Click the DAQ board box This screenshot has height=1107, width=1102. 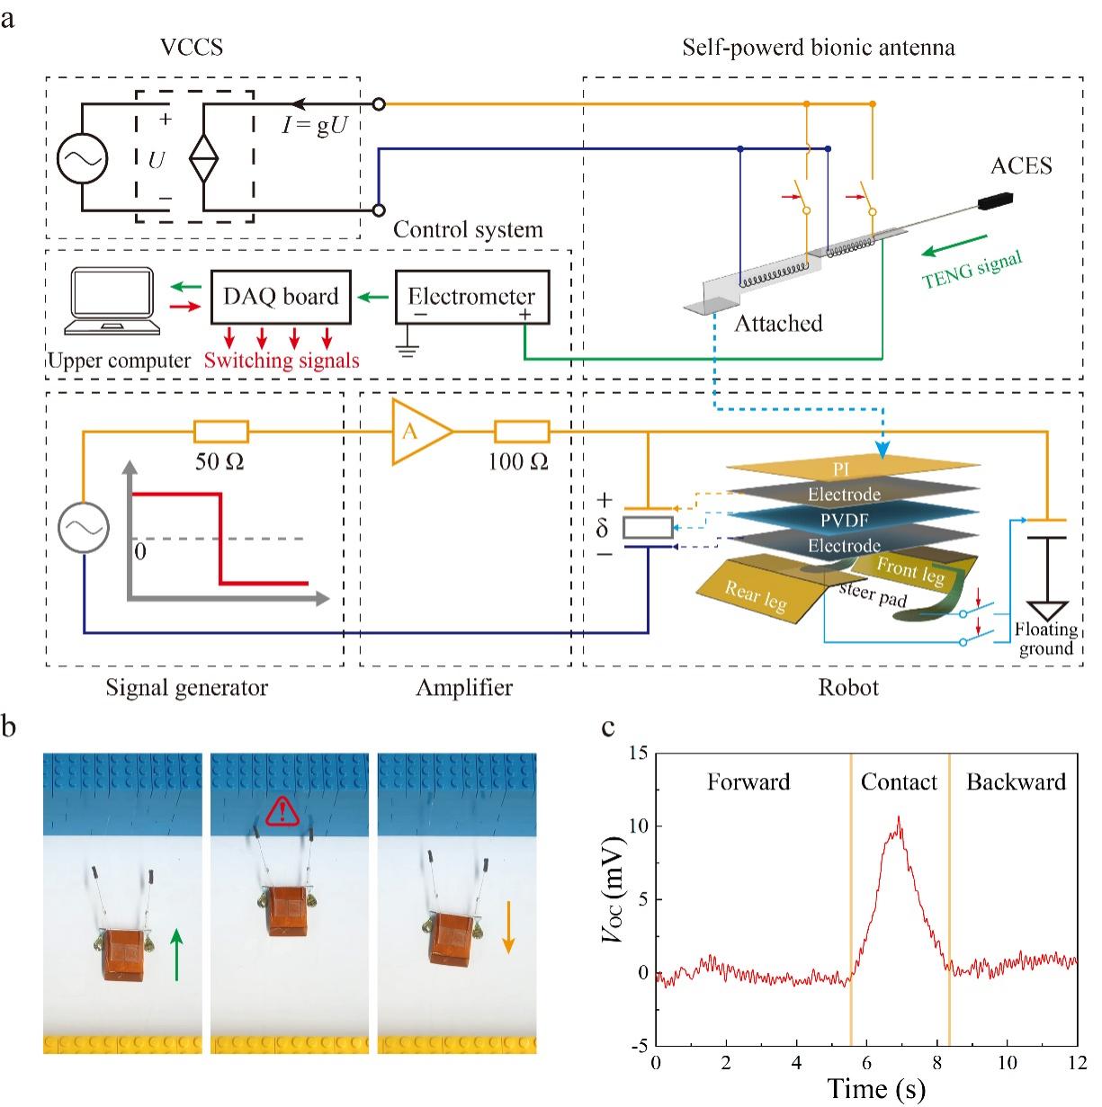(x=281, y=298)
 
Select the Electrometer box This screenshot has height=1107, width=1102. (x=471, y=298)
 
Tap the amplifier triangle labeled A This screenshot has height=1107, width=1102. (x=417, y=433)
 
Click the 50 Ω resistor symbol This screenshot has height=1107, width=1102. (x=221, y=433)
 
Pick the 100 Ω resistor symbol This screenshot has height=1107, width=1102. (x=522, y=433)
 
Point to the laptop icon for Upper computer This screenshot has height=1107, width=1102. (x=106, y=304)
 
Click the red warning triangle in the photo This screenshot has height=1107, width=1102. (x=282, y=812)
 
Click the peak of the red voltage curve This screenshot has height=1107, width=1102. (x=898, y=817)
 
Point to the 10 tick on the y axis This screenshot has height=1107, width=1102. (x=641, y=826)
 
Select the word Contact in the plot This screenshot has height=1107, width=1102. (x=899, y=782)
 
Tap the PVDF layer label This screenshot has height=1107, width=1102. (x=843, y=521)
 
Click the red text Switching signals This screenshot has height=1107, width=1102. (x=282, y=362)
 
